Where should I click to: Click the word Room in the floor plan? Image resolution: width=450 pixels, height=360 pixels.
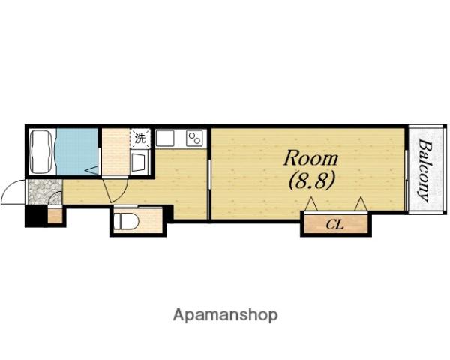(310, 158)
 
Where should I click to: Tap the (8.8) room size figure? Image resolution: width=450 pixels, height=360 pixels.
(312, 181)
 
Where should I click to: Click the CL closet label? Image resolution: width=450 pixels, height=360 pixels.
(335, 225)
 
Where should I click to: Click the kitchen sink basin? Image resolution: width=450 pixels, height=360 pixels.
(165, 138)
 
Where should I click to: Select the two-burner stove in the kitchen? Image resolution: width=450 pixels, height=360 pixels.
(194, 138)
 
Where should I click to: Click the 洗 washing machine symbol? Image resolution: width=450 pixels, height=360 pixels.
(140, 139)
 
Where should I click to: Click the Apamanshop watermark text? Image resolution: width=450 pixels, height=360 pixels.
(225, 315)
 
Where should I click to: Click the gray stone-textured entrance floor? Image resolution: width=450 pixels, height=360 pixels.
(44, 192)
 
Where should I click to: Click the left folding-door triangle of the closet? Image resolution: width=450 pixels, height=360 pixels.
(311, 204)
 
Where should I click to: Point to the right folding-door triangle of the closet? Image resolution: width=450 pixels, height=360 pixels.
(361, 204)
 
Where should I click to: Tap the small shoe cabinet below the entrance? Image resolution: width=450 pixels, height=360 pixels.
(55, 216)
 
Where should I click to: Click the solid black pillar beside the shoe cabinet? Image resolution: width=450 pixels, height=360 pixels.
(36, 216)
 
